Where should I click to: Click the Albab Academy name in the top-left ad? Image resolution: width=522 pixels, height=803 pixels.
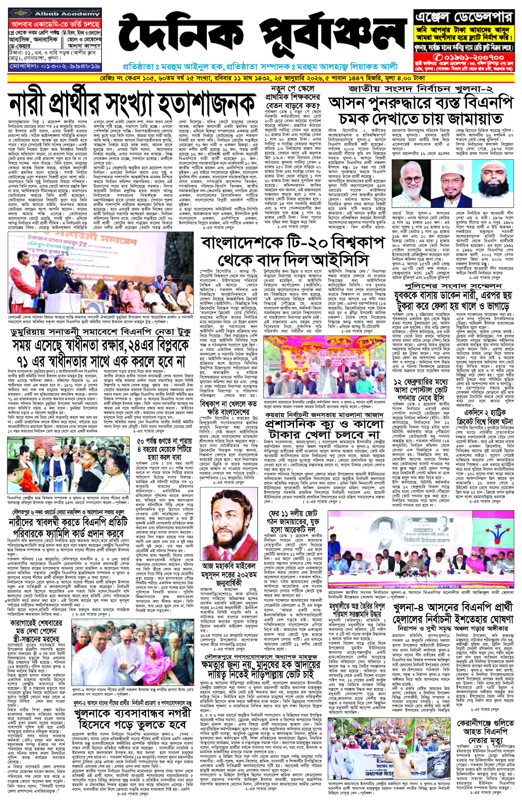67,14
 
